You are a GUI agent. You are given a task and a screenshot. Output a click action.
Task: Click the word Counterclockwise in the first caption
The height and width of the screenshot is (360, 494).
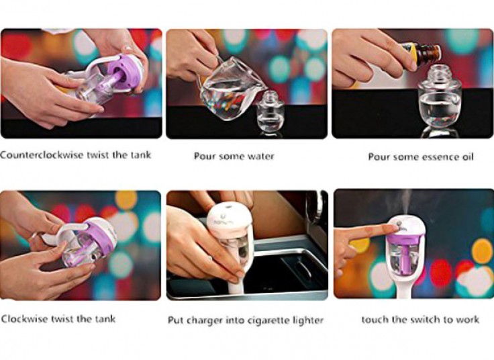click(x=42, y=155)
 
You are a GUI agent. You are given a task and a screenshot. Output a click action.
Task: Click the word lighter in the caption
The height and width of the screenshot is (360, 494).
click(x=308, y=320)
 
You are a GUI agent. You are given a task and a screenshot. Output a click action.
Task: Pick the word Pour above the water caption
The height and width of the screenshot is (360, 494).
click(x=205, y=156)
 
